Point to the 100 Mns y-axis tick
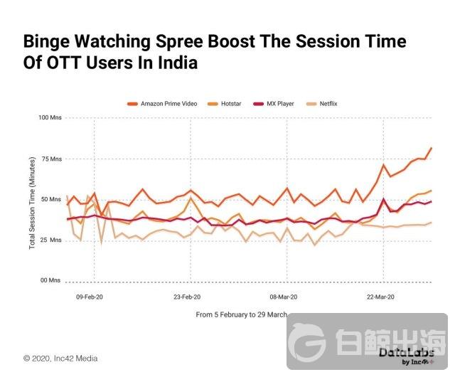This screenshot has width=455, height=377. point(50,117)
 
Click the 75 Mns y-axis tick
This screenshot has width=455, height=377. point(52,159)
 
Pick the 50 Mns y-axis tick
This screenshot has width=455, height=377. point(52,199)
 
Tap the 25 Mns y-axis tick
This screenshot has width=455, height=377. point(52,240)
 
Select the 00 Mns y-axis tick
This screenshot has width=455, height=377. point(52,281)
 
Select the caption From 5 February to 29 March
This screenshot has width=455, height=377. point(242,314)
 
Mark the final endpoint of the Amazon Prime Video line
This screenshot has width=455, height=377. point(432,148)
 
